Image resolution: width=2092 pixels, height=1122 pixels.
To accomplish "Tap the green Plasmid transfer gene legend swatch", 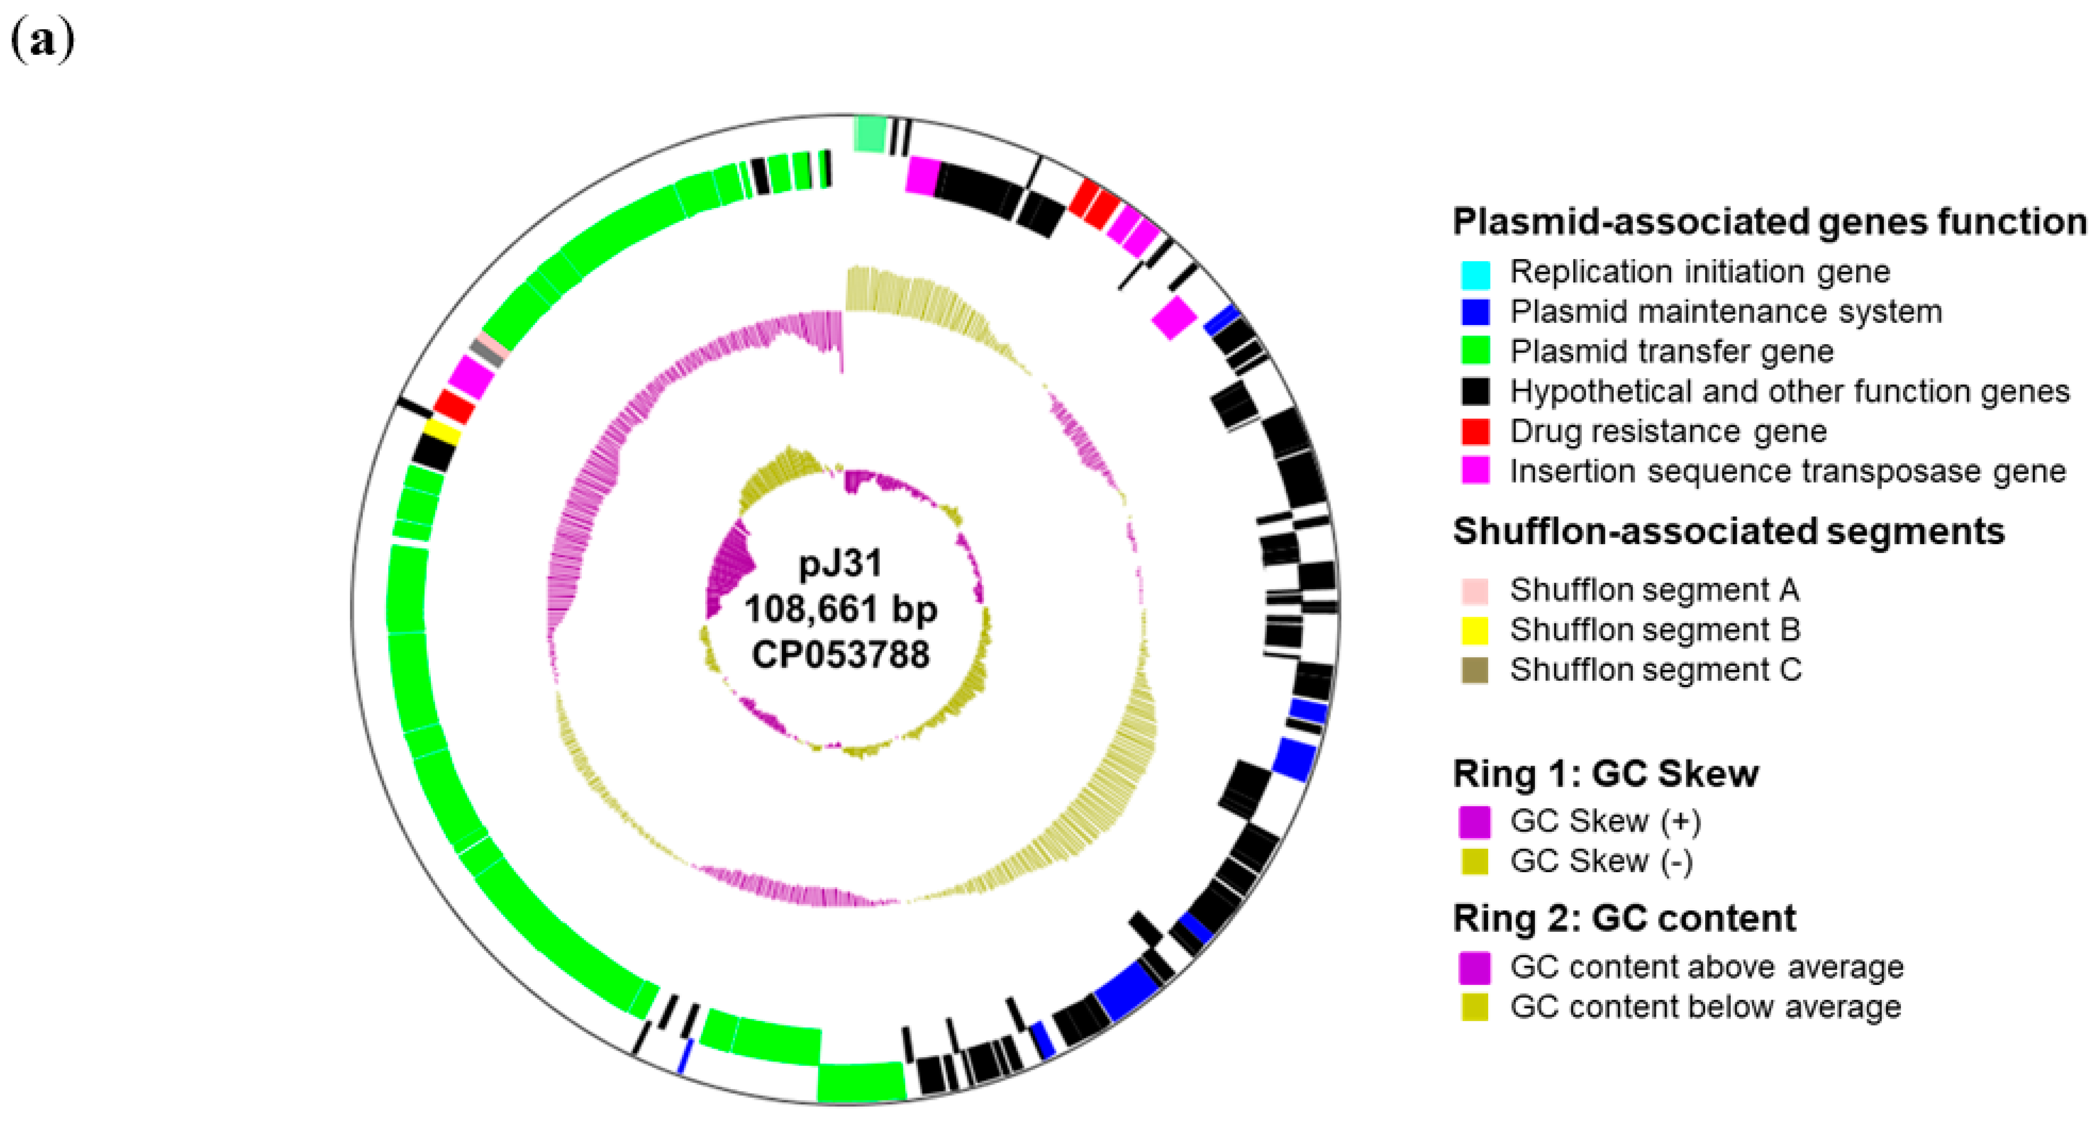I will click(x=1475, y=352).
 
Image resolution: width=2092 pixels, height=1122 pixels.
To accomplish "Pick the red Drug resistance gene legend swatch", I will click(x=1475, y=431).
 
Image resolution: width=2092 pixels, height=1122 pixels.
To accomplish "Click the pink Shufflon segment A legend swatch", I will click(x=1475, y=591).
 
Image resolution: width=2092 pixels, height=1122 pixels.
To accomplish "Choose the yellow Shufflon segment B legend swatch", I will click(x=1475, y=630).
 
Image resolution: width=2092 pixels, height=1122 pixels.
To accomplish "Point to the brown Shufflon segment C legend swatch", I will click(x=1475, y=671).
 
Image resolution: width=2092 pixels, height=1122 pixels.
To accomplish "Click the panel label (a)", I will click(x=42, y=41).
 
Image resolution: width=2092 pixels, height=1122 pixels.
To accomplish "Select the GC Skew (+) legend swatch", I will click(x=1475, y=822).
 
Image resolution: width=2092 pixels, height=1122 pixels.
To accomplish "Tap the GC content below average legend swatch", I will click(x=1475, y=1008).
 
